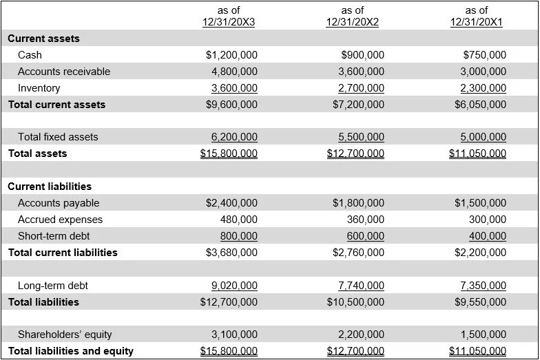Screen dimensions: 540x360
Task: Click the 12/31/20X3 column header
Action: click(229, 16)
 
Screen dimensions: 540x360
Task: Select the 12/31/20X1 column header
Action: click(476, 16)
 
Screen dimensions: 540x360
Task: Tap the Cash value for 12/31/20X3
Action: click(231, 55)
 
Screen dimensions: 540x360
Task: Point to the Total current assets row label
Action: click(56, 105)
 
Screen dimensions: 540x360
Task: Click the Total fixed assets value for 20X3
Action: click(234, 137)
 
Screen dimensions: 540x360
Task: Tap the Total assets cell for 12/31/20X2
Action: click(355, 153)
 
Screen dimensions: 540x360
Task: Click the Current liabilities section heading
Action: click(50, 187)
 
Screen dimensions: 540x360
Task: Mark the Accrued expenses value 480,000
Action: click(238, 220)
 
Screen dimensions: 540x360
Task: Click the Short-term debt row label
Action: click(53, 236)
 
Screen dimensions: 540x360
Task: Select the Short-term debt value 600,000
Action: click(365, 236)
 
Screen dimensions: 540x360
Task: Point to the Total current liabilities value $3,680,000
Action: click(231, 253)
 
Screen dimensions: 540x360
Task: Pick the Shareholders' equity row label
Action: click(65, 335)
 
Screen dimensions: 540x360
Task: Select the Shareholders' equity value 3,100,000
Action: click(234, 335)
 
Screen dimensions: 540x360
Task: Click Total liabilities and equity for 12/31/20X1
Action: click(477, 351)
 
